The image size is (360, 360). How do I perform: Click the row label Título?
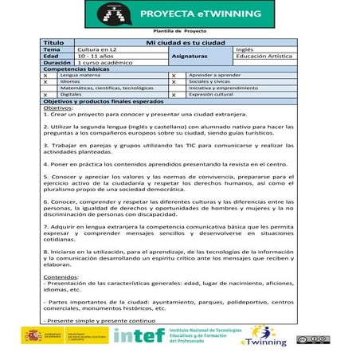point(54,42)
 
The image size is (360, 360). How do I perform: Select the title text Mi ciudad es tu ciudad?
point(180,42)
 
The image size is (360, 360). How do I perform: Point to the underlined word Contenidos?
point(61,276)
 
